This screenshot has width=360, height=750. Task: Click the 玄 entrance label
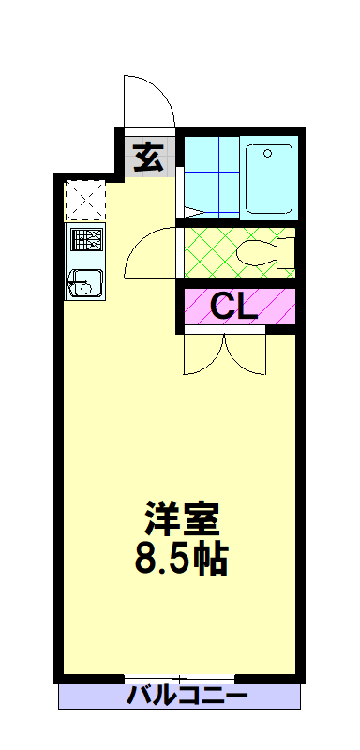pyautogui.click(x=149, y=157)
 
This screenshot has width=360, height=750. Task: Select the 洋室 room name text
pyautogui.click(x=182, y=518)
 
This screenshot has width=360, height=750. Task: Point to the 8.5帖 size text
pyautogui.click(x=181, y=558)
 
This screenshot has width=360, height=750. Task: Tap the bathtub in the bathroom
pyautogui.click(x=269, y=178)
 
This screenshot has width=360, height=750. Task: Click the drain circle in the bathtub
pyautogui.click(x=268, y=153)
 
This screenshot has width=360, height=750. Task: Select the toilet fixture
pyautogui.click(x=266, y=252)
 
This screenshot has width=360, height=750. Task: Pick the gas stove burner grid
pyautogui.click(x=86, y=240)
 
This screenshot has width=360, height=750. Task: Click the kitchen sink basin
pyautogui.click(x=86, y=284)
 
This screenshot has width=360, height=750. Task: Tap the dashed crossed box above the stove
pyautogui.click(x=84, y=201)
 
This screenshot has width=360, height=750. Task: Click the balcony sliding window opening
pyautogui.click(x=179, y=678)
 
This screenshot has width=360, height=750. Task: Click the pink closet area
pyautogui.click(x=239, y=306)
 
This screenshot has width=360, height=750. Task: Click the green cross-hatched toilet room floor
pyautogui.click(x=210, y=252)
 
